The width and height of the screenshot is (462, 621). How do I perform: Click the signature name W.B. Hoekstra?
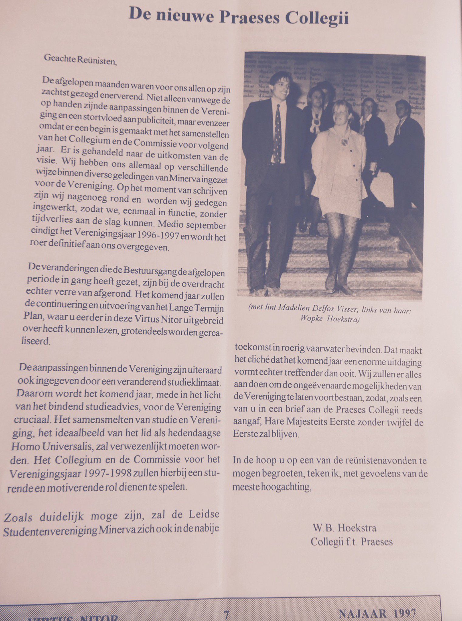point(344,528)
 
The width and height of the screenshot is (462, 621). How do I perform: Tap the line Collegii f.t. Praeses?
point(351,542)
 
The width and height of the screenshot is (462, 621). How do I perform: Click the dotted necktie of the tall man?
point(277,133)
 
